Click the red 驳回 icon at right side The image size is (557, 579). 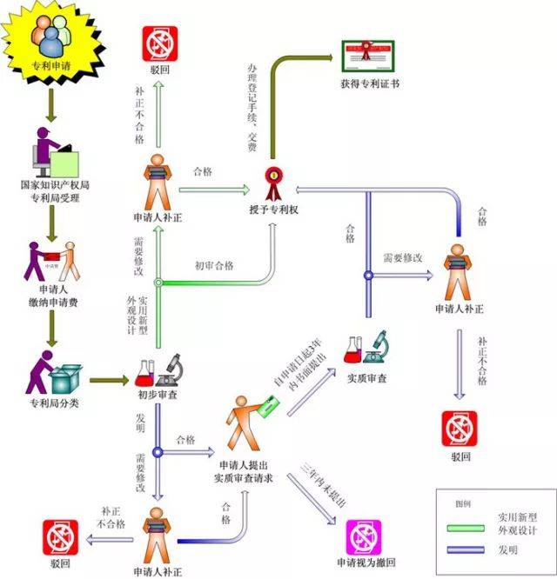click(460, 428)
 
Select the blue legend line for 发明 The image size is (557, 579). click(467, 549)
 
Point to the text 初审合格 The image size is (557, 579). click(214, 265)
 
